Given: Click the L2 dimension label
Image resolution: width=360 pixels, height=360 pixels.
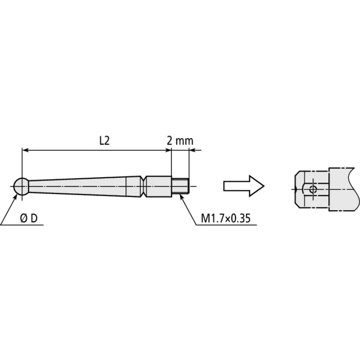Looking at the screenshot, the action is click(x=104, y=140).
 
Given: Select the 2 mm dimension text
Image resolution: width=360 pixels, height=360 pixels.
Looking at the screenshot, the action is click(x=180, y=141).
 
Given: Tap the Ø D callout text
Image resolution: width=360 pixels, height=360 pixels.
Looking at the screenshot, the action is click(x=29, y=218).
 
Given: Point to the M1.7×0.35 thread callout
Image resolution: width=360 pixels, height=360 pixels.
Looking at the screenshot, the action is click(x=225, y=218).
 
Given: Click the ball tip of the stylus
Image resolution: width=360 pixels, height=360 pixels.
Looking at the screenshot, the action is click(x=21, y=186).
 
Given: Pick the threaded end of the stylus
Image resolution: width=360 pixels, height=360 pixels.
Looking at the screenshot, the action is click(x=180, y=186).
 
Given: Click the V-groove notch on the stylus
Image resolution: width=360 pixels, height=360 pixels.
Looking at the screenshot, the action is click(x=143, y=186).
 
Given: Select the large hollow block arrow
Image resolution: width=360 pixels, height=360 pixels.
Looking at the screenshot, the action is click(x=244, y=186).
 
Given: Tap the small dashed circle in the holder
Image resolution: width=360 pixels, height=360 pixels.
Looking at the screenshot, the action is click(x=313, y=189).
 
